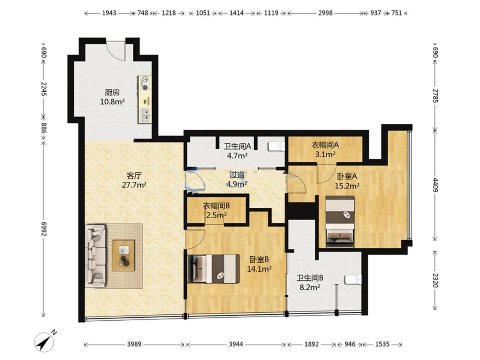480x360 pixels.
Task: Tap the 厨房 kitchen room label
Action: (x=112, y=92)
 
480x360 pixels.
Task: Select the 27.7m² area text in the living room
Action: (x=134, y=185)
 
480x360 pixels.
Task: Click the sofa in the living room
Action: (x=96, y=256)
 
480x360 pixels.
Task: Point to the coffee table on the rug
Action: (x=123, y=255)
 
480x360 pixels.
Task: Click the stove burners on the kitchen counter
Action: (x=144, y=83)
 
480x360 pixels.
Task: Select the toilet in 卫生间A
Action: (x=277, y=147)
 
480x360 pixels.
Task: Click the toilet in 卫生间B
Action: (x=353, y=280)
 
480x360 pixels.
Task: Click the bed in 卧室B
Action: (x=214, y=269)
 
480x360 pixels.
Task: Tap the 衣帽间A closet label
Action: (x=325, y=145)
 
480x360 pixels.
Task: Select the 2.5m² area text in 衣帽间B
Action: (x=216, y=215)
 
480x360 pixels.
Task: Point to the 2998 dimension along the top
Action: (x=325, y=13)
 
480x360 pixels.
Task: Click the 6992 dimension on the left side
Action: (x=43, y=229)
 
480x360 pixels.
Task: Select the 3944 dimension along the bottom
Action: (x=236, y=344)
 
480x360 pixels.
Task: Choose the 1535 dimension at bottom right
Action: (x=382, y=344)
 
